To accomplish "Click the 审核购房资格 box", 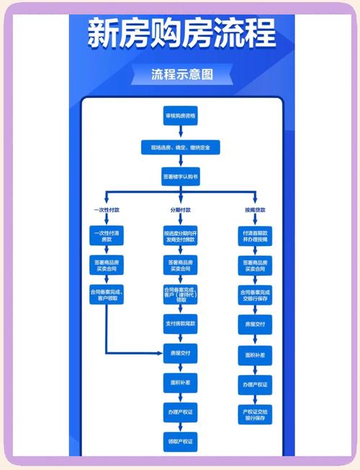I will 181,117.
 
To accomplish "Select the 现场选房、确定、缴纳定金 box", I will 181,147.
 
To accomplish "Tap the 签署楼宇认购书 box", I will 181,176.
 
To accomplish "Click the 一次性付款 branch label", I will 106,209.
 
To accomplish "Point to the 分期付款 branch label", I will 181,209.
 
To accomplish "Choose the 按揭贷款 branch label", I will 256,209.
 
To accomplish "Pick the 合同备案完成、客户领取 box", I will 107,294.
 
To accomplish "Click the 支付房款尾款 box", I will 181,324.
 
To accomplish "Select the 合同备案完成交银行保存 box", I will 256,294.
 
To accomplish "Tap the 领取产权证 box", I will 181,440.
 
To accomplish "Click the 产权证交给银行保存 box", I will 256,414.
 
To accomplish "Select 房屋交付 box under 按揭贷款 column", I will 256,325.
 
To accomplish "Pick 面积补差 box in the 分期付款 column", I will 181,382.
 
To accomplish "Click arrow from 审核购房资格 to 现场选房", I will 181,132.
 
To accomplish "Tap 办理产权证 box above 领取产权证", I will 181,412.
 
